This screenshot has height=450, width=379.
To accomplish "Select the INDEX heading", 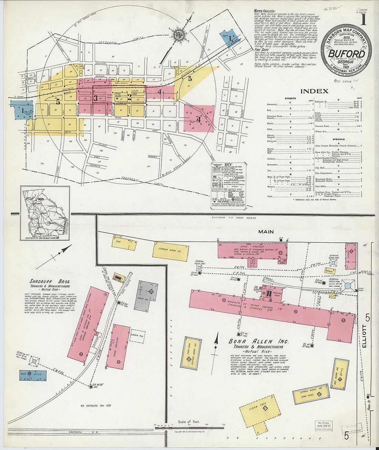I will (314, 91).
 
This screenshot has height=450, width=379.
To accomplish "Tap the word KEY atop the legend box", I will (228, 165).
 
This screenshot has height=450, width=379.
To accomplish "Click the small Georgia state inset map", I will (45, 213).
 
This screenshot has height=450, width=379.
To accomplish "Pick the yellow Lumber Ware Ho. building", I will (171, 251).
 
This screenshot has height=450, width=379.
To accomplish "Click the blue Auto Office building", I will (33, 375).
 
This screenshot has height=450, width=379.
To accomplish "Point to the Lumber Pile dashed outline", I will (137, 336).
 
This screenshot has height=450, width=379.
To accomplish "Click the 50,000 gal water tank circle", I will (348, 286).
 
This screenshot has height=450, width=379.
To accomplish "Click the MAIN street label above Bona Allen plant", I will (266, 232).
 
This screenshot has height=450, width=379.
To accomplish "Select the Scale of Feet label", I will (188, 421).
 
